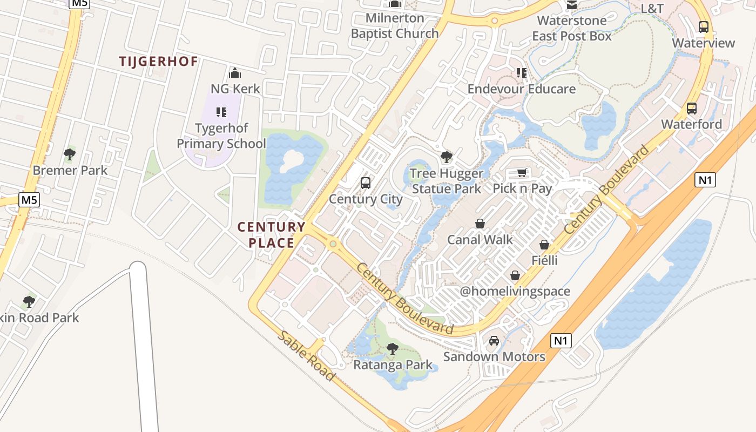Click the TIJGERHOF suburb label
pyautogui.click(x=158, y=62)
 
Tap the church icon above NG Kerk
pyautogui.click(x=235, y=73)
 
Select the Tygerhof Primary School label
pyautogui.click(x=221, y=136)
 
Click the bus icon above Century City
pyautogui.click(x=366, y=183)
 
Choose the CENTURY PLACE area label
pyautogui.click(x=272, y=235)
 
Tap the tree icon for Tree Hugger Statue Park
pyautogui.click(x=446, y=158)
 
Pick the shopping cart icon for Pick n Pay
pyautogui.click(x=522, y=173)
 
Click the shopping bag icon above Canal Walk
pyautogui.click(x=480, y=224)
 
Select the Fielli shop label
pyautogui.click(x=544, y=260)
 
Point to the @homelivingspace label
pyautogui.click(x=515, y=292)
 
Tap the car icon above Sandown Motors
pyautogui.click(x=494, y=341)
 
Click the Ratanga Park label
pyautogui.click(x=393, y=365)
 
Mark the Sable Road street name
pyautogui.click(x=306, y=356)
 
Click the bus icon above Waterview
pyautogui.click(x=703, y=27)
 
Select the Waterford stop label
pyautogui.click(x=691, y=124)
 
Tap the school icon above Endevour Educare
pyautogui.click(x=521, y=73)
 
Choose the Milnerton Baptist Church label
pyautogui.click(x=395, y=25)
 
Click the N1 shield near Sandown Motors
pyautogui.click(x=561, y=341)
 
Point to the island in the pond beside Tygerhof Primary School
pyautogui.click(x=293, y=159)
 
